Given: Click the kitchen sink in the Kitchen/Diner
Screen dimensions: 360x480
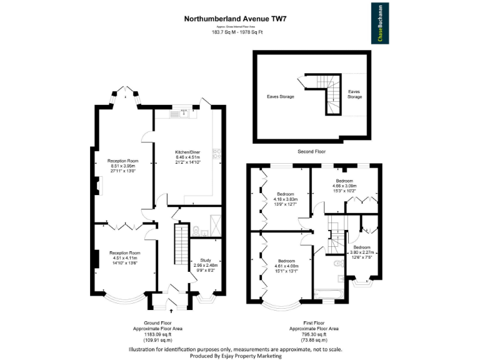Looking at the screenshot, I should pyautogui.click(x=184, y=114).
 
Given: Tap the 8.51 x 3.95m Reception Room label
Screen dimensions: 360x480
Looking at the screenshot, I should pyautogui.click(x=122, y=166).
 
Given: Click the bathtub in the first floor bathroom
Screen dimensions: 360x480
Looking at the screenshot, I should pyautogui.click(x=325, y=292).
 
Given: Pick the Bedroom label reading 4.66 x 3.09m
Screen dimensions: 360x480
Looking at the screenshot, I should pyautogui.click(x=345, y=185).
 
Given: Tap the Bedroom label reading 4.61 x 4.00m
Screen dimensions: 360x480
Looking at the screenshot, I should pyautogui.click(x=287, y=266).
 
